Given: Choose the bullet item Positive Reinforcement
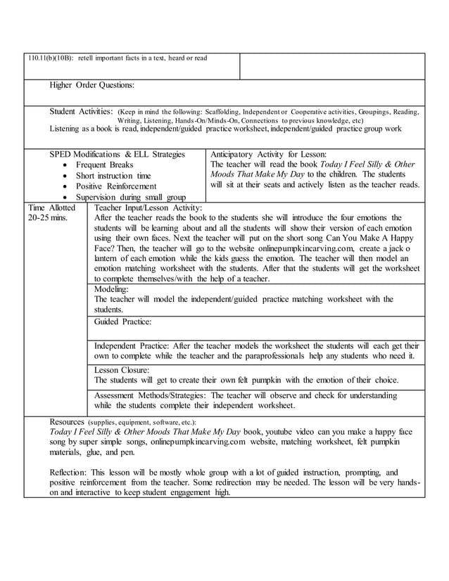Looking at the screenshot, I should [116, 186].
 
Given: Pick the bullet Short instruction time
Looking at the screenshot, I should [113, 176].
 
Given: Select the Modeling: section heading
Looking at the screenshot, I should [111, 289].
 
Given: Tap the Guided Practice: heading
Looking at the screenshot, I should [123, 321].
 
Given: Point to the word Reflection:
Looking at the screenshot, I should [68, 473].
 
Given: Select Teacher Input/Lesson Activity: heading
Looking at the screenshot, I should [148, 208].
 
